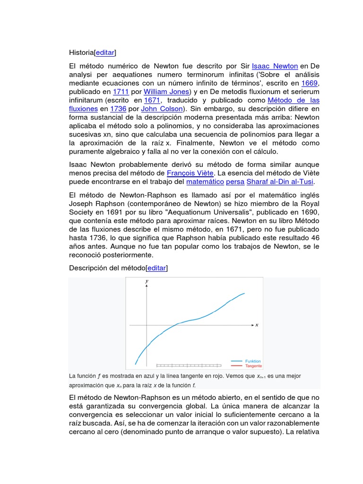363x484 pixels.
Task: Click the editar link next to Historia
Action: pyautogui.click(x=105, y=52)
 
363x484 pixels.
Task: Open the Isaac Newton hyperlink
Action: pyautogui.click(x=275, y=66)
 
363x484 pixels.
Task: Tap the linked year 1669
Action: pyautogui.click(x=310, y=83)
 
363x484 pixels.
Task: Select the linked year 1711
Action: pyautogui.click(x=121, y=92)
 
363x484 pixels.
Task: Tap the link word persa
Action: pyautogui.click(x=235, y=181)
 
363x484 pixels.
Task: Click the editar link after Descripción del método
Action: pyautogui.click(x=157, y=268)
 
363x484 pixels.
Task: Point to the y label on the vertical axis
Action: pyautogui.click(x=147, y=281)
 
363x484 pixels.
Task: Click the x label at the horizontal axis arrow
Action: pyautogui.click(x=257, y=325)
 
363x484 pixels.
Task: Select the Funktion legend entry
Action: pyautogui.click(x=253, y=361)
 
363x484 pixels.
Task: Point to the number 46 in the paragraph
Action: pyautogui.click(x=315, y=238)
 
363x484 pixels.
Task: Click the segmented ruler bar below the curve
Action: pyautogui.click(x=189, y=365)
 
